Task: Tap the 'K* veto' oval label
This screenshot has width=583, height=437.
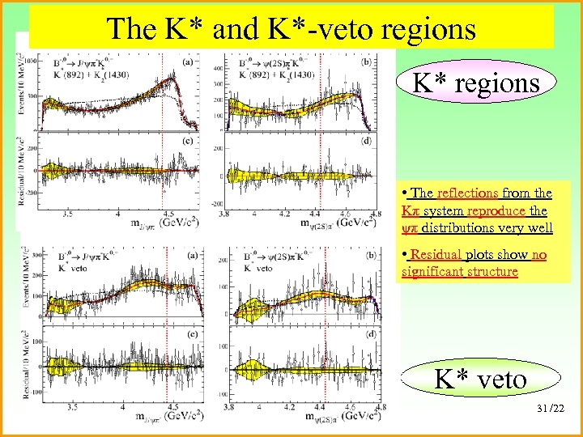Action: click(480, 378)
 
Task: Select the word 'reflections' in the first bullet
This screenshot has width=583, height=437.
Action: click(468, 193)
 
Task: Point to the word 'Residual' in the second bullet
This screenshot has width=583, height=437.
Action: click(435, 255)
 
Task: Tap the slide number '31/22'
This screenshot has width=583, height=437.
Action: click(552, 405)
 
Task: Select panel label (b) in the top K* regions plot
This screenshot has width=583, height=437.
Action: click(368, 61)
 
